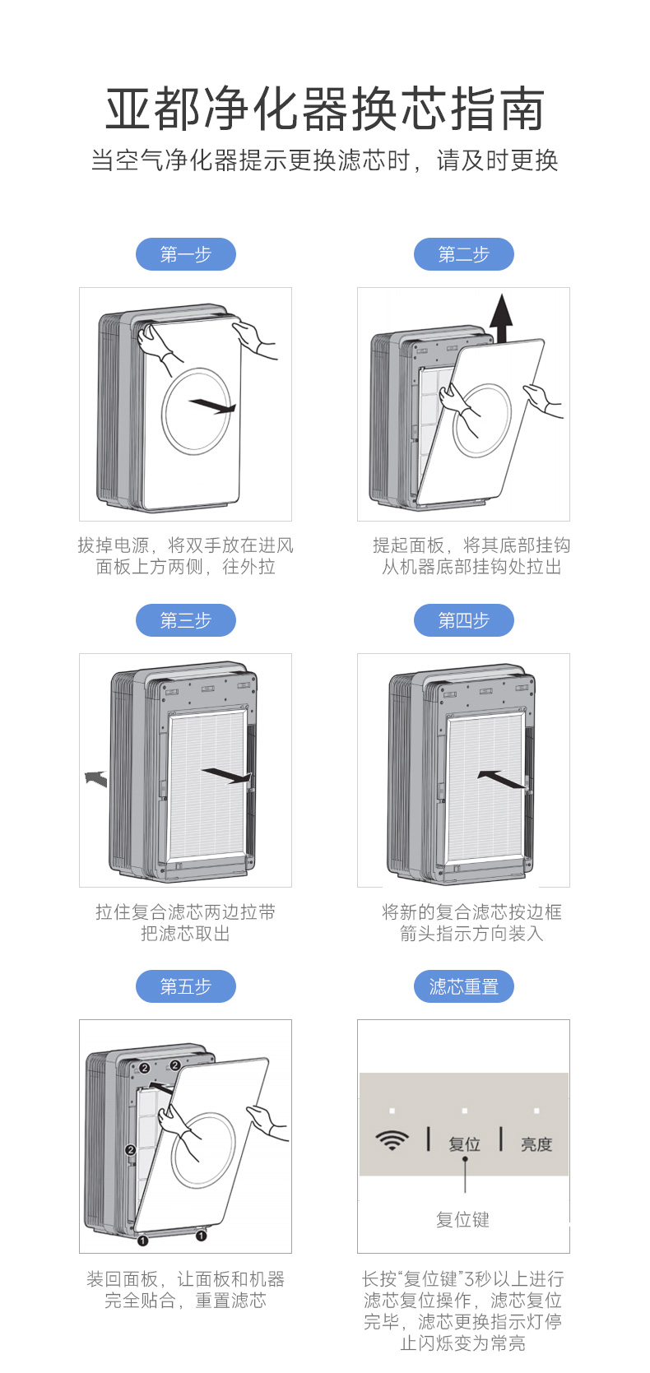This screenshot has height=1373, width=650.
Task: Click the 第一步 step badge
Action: [186, 253]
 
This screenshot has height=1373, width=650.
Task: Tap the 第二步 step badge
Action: [463, 253]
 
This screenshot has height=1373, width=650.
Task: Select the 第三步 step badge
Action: [186, 619]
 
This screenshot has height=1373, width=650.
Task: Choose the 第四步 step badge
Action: [463, 619]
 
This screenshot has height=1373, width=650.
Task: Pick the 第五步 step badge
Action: [186, 986]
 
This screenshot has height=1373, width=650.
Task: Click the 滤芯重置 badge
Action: [463, 986]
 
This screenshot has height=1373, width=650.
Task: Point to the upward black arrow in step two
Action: [502, 318]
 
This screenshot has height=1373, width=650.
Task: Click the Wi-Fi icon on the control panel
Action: [392, 1141]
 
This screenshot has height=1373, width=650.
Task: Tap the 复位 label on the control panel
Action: [464, 1143]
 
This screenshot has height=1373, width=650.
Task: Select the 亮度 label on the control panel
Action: [536, 1143]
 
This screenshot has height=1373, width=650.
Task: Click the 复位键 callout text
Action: [463, 1220]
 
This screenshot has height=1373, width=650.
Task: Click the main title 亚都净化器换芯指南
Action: [325, 109]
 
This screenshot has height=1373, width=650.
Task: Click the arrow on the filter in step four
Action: [502, 779]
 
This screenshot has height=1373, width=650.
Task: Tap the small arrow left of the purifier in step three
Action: [96, 778]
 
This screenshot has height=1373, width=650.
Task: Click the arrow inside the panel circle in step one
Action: [212, 406]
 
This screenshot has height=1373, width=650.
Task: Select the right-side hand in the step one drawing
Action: [254, 339]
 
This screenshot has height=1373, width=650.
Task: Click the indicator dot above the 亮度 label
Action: [536, 1110]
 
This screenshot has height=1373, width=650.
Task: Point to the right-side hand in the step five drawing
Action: [267, 1123]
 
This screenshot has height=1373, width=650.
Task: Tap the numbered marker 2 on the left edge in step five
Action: [130, 1150]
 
